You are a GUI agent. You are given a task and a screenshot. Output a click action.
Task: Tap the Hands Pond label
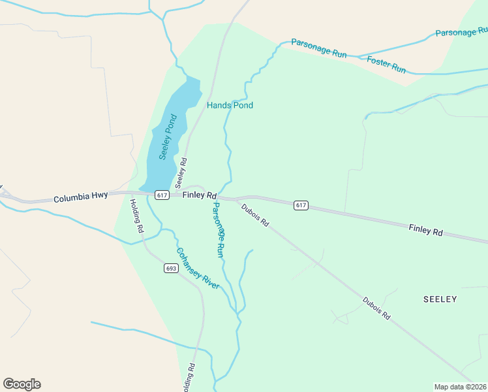tap(230, 105)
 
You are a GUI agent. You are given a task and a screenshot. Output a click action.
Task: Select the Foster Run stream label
tap(386, 65)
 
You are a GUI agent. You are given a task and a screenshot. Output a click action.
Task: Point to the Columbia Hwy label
tap(80, 197)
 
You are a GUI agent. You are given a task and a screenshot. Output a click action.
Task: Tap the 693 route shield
tap(171, 269)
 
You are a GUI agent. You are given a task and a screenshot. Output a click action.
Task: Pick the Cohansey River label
tap(197, 268)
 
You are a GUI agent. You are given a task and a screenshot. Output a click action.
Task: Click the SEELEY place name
tap(440, 299)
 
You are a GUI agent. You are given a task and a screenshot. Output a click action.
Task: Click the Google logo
tap(22, 384)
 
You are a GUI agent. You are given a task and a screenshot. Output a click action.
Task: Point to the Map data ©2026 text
tap(460, 386)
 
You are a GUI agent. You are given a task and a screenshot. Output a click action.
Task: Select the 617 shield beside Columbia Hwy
tap(162, 195)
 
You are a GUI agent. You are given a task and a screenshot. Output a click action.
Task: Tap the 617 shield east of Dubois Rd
tap(300, 205)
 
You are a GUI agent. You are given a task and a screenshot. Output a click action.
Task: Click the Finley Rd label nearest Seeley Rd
tap(199, 195)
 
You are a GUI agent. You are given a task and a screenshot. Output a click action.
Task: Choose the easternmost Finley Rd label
tap(425, 230)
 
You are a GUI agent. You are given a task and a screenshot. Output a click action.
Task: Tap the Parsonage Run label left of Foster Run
tap(318, 49)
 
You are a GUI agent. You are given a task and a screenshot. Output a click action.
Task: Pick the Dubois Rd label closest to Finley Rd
tap(254, 215)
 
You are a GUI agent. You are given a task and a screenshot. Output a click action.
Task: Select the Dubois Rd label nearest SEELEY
tap(377, 308)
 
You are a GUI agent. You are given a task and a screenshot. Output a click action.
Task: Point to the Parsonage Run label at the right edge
tap(461, 32)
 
